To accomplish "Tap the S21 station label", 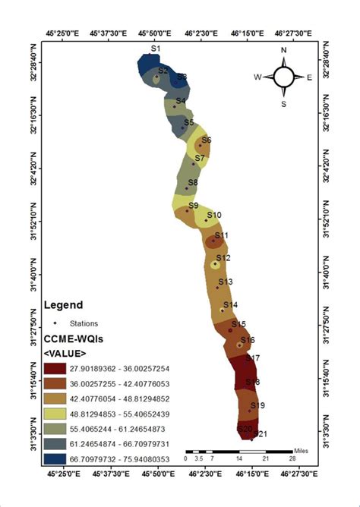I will tap(261, 434).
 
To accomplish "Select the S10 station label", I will tap(214, 216).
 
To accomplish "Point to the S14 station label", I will tap(230, 304).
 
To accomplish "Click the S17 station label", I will tap(253, 357).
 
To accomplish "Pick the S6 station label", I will tap(207, 140).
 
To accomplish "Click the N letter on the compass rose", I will tap(283, 51).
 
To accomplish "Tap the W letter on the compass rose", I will tap(257, 77).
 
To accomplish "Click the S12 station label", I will tap(223, 258).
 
